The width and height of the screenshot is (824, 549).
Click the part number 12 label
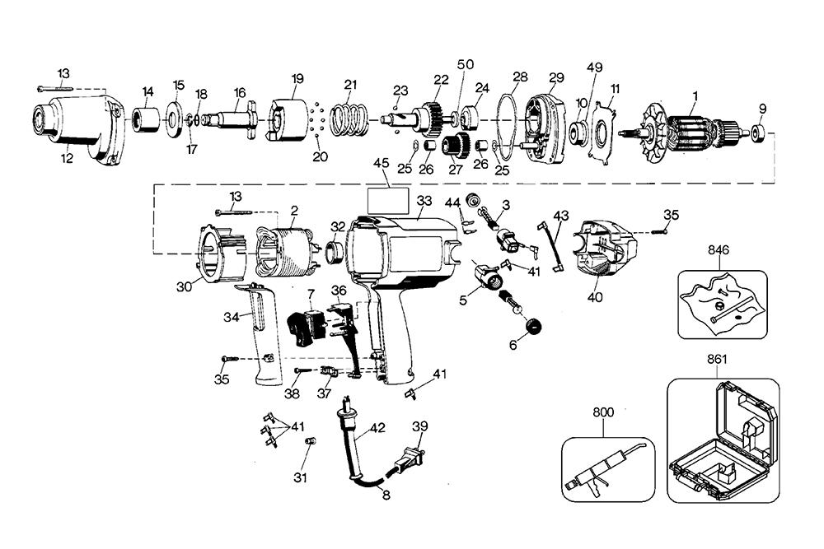coord(67,158)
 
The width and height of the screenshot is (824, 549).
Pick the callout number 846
coord(718,249)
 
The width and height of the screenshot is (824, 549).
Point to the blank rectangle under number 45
coord(388,201)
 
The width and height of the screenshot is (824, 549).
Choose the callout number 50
coord(466,64)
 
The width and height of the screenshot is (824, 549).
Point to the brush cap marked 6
coord(532,326)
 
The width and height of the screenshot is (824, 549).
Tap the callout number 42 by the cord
coord(377,428)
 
